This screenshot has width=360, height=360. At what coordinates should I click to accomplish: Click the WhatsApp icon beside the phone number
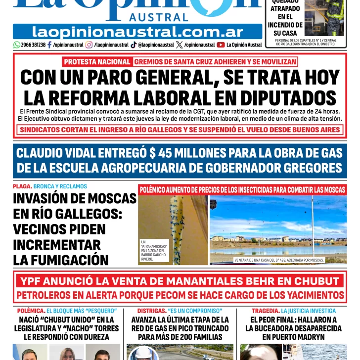click(x=17, y=45)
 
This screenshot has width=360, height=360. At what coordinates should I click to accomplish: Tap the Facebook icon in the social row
click(x=49, y=45)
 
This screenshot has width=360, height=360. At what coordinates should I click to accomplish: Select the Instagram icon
click(x=89, y=45)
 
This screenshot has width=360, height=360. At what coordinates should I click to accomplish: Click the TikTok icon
click(x=134, y=45)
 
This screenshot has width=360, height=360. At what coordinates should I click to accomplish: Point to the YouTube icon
click(x=221, y=45)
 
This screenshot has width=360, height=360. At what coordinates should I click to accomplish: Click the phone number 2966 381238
click(x=34, y=45)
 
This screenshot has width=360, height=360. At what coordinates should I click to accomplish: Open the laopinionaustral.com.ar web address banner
click(x=137, y=32)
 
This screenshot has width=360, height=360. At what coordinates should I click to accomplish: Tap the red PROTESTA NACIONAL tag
click(x=96, y=62)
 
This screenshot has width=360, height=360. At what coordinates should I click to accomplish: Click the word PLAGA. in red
click(x=22, y=186)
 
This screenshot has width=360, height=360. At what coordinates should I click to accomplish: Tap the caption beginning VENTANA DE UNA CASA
click(x=279, y=260)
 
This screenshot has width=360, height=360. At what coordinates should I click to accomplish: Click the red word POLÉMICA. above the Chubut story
click(x=30, y=311)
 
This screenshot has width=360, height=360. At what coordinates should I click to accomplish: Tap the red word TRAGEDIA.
click(x=265, y=311)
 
